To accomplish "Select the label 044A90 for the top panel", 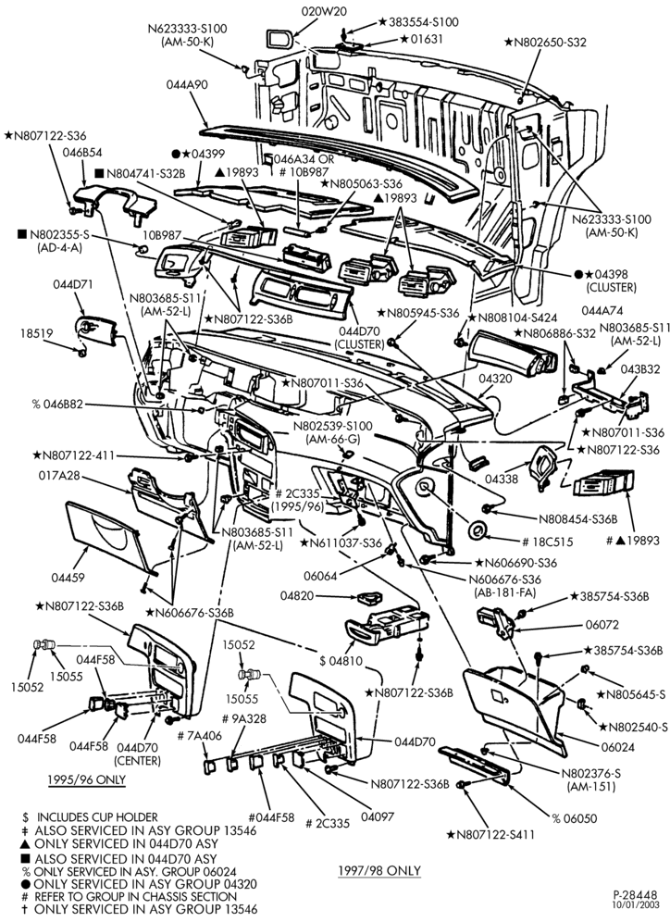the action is click(187, 84).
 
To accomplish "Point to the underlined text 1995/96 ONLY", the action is click(86, 779).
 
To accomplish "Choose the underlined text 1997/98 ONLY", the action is click(379, 870).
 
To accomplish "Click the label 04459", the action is click(68, 578).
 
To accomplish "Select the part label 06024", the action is click(617, 747).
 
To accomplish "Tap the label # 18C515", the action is click(547, 542).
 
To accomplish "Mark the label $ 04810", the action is click(341, 661).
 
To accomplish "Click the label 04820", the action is click(297, 595).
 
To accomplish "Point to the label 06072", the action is click(602, 625).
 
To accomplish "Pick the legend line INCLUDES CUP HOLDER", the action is click(97, 817).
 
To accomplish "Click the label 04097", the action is click(378, 816).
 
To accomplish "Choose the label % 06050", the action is click(574, 818).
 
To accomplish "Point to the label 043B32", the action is click(640, 369).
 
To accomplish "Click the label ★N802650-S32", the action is click(545, 43).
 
